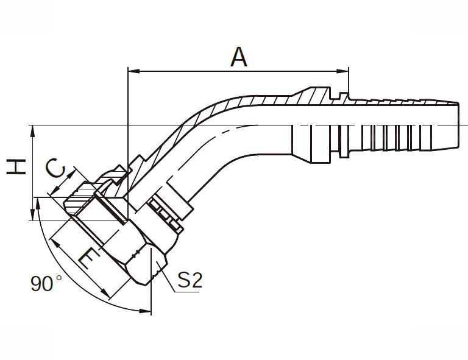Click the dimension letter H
click(16, 166)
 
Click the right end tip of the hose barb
click(457, 125)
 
